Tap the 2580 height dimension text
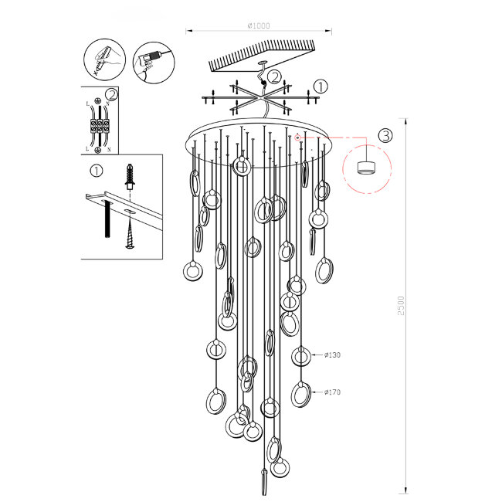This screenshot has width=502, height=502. pos(399,305)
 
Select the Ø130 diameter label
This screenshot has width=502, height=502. pos(332,355)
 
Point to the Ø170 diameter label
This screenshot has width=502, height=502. pos(332,392)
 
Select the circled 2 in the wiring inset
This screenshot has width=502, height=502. pos(112,95)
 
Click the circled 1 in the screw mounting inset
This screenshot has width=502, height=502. pos(97,171)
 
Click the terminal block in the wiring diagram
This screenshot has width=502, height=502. pos(99,126)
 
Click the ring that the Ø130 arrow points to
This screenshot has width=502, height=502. pos(301,356)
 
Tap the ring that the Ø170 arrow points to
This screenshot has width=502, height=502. pos(300,394)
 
